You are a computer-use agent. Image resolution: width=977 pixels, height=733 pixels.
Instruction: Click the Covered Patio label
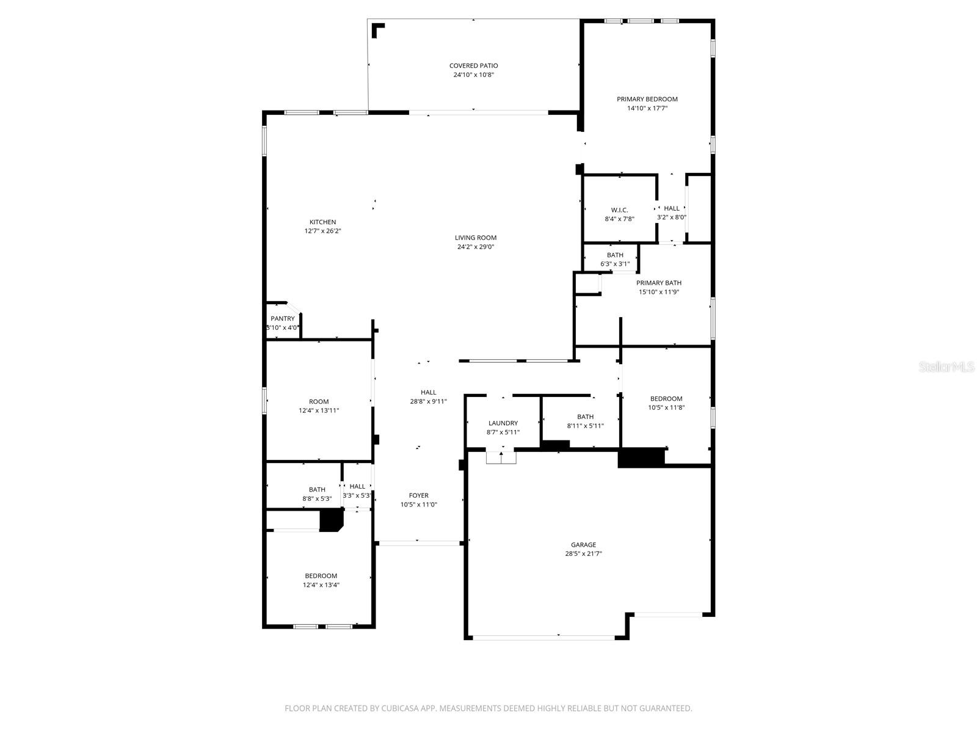click(x=473, y=65)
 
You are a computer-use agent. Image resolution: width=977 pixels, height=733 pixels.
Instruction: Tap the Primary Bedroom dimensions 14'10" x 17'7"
click(x=647, y=108)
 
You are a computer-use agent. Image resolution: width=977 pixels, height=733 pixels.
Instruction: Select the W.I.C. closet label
click(x=619, y=210)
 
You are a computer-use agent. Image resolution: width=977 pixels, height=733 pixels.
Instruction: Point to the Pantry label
click(x=282, y=318)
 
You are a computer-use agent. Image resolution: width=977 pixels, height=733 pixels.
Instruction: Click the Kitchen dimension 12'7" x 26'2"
click(x=322, y=231)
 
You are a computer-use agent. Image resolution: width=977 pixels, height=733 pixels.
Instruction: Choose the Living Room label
click(x=475, y=238)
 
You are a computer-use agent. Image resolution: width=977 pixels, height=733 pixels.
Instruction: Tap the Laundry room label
click(x=503, y=423)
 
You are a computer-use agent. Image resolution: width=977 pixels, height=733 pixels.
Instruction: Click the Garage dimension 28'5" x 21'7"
click(x=583, y=554)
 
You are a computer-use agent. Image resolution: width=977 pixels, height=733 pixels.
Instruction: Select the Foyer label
click(x=418, y=495)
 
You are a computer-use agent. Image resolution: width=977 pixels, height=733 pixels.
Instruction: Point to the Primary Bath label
click(x=658, y=283)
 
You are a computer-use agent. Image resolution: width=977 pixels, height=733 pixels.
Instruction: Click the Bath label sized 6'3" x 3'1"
click(x=615, y=255)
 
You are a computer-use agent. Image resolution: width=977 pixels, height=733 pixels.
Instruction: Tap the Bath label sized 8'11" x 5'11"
click(x=585, y=417)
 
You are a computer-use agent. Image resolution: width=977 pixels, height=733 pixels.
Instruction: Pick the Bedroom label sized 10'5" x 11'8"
click(x=666, y=398)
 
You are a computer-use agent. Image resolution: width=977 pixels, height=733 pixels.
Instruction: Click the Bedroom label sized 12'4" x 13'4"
click(x=321, y=575)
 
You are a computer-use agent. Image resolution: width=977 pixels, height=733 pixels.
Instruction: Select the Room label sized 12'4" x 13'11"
click(x=318, y=401)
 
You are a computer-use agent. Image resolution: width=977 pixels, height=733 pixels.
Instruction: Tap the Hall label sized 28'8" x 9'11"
click(x=428, y=392)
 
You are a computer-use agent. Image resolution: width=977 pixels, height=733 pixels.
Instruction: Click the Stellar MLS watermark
click(x=946, y=366)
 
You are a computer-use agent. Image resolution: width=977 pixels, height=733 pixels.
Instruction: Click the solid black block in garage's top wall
click(x=641, y=458)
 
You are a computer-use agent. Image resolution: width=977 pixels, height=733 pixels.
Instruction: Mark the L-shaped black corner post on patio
click(x=378, y=30)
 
